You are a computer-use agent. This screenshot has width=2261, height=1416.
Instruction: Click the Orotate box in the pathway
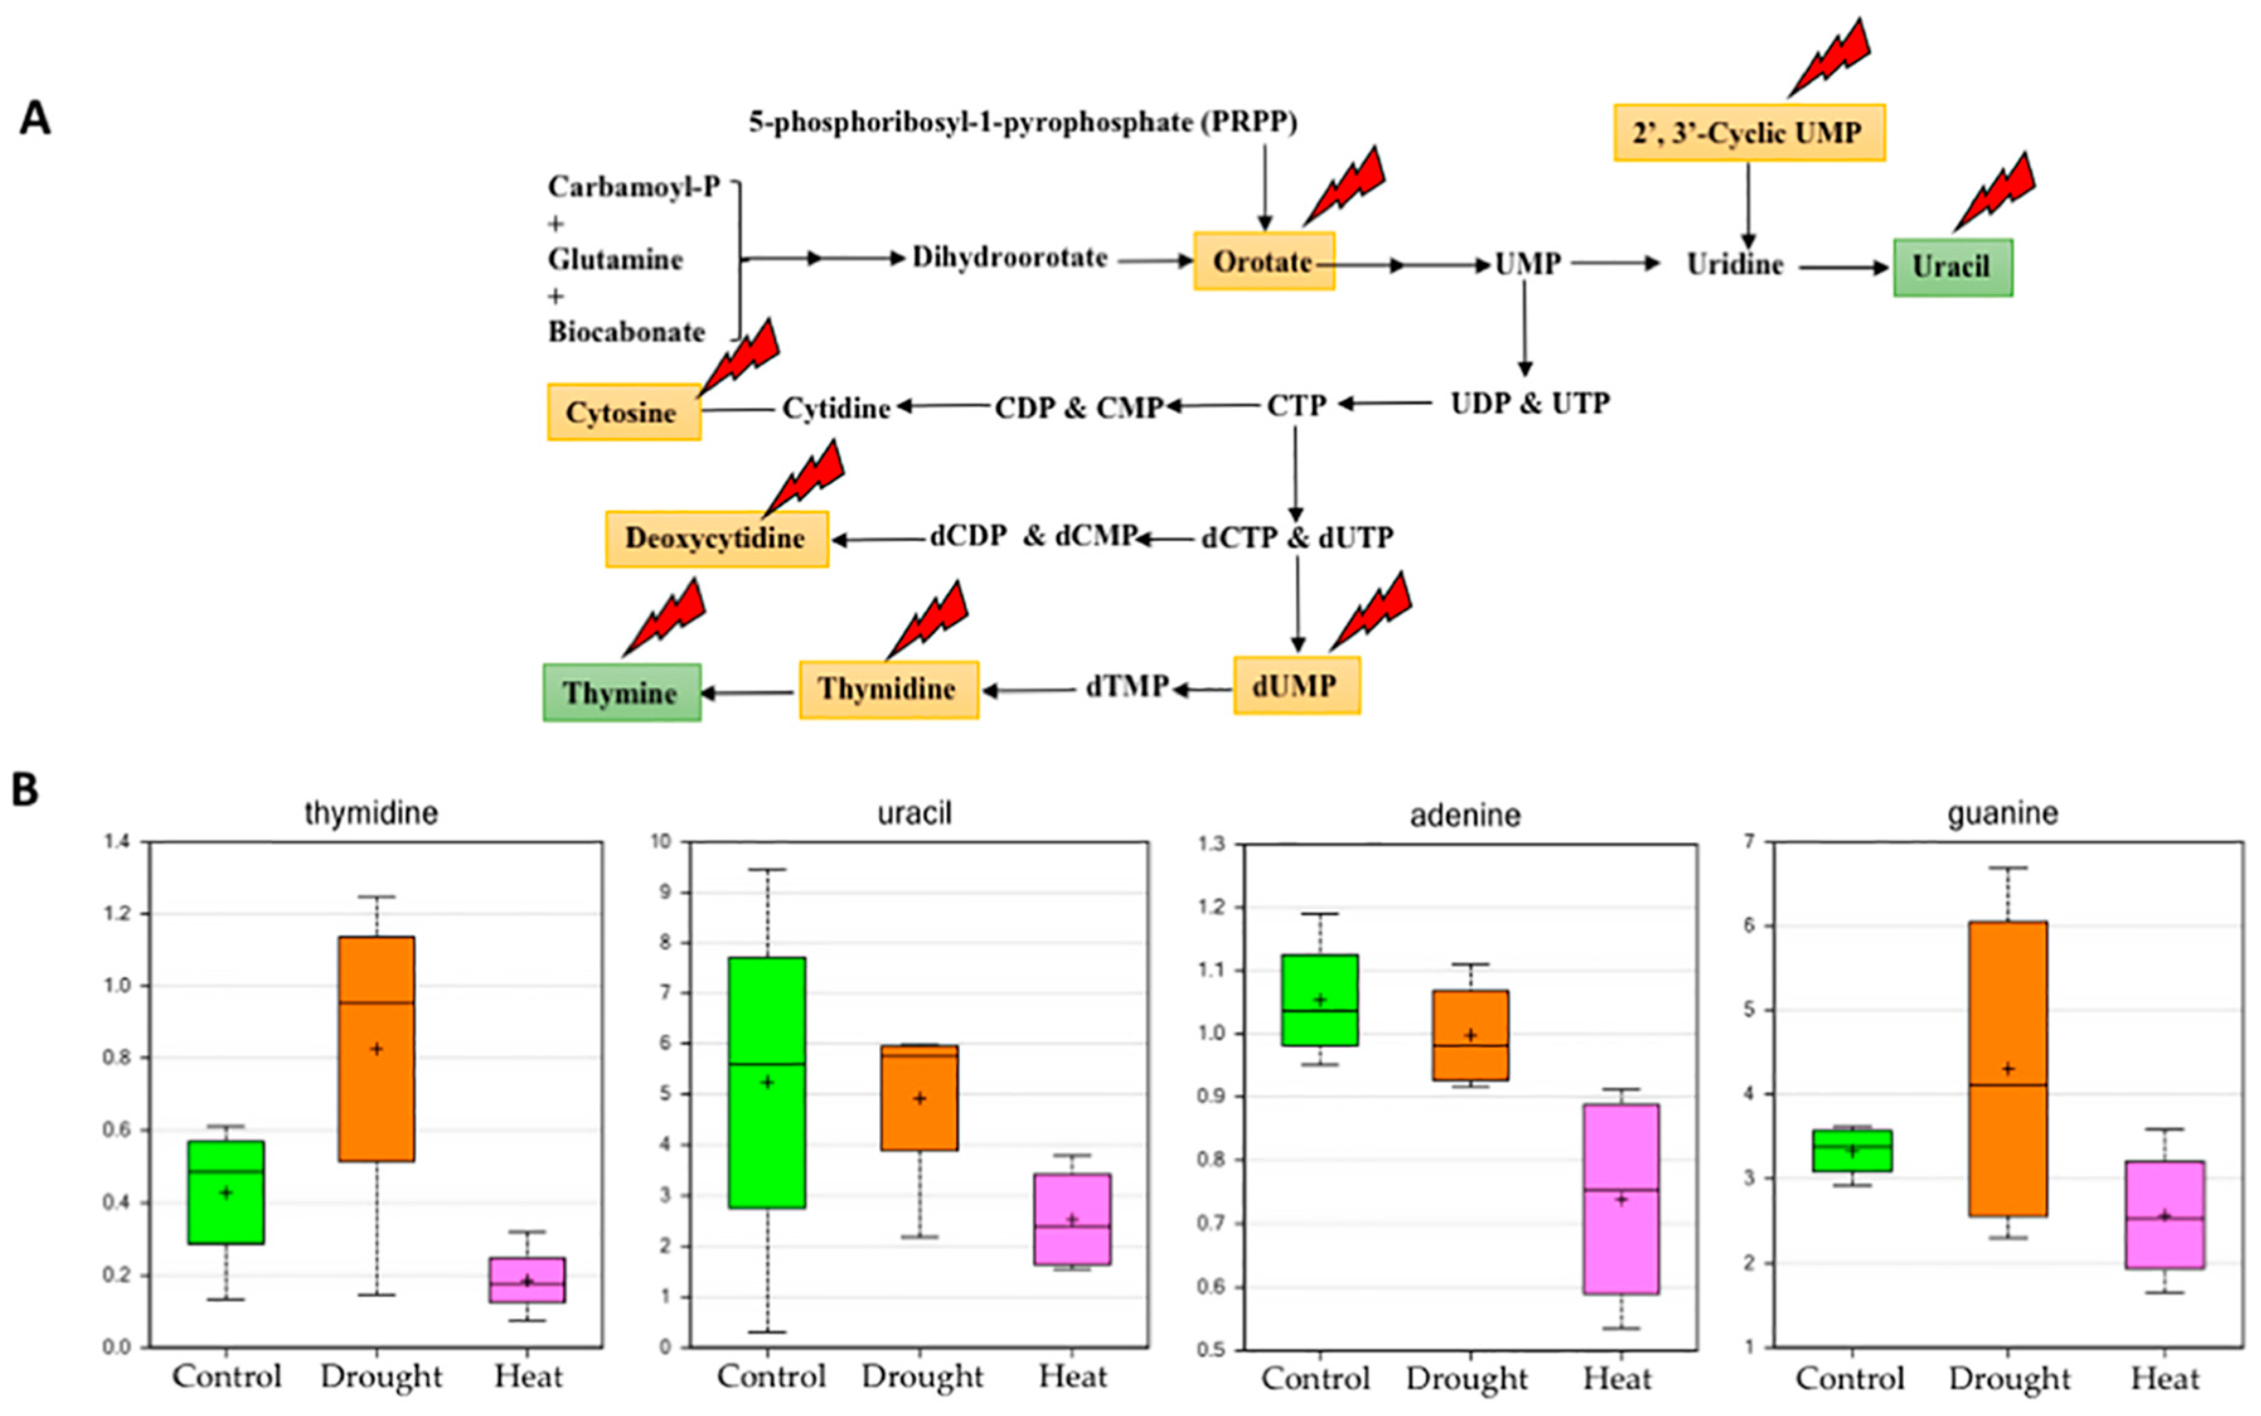point(1263,261)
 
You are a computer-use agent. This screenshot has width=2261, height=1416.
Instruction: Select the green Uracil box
point(1952,268)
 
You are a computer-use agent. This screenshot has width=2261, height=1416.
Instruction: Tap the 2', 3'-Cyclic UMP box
point(1748,133)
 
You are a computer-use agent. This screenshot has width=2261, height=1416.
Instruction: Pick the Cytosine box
point(624,412)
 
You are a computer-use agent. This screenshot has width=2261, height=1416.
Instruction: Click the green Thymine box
point(621,693)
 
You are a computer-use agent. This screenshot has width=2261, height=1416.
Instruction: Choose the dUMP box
point(1296,685)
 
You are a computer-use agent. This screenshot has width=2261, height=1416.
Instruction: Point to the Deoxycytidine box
point(716,539)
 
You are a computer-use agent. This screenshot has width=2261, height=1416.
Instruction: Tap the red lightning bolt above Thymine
point(664,617)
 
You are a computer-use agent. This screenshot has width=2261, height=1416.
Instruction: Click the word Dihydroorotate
point(1009,258)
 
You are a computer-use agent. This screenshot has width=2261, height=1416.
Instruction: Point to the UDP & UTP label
point(1530,404)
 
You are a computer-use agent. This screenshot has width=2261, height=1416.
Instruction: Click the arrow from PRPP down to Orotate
point(1265,187)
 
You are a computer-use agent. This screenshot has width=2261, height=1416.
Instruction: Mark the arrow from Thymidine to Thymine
point(749,693)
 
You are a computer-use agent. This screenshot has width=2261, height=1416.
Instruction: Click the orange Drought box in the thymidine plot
point(377,1048)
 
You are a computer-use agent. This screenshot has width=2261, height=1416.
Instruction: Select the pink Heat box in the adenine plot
point(1620,1199)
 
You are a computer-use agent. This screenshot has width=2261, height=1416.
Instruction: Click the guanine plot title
point(2003,813)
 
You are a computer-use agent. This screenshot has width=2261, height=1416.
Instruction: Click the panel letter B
point(25,789)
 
